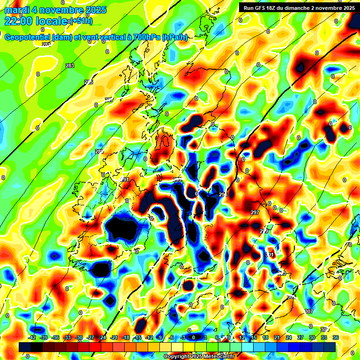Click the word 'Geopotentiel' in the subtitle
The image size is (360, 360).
[28, 37]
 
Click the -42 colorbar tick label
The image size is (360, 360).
[33, 337]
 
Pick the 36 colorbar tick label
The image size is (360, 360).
[336, 337]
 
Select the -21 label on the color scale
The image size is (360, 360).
[114, 337]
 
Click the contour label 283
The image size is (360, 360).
[70, 66]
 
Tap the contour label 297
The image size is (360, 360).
[255, 212]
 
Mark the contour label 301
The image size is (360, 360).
[269, 255]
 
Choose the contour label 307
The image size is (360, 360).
[308, 311]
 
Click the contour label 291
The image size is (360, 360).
[125, 180]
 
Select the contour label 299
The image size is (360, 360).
[264, 231]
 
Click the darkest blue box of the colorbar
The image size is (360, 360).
[330, 346]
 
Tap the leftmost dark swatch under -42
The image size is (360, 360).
[25, 346]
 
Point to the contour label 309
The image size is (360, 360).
[324, 330]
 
